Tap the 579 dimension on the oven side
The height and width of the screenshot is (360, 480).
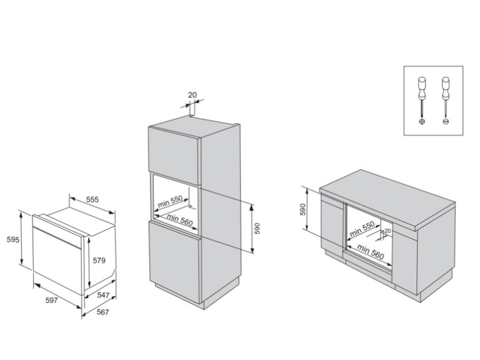(x=100, y=260)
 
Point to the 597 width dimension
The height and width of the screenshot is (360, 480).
(x=51, y=300)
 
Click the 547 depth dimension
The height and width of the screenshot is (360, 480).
(x=104, y=296)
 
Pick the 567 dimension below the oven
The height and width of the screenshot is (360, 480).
(x=104, y=313)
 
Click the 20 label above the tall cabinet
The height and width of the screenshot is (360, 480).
(x=192, y=95)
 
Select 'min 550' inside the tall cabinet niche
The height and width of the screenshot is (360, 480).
(x=170, y=202)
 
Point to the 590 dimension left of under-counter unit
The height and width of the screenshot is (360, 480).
(x=303, y=209)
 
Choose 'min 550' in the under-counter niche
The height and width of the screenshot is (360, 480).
(x=362, y=227)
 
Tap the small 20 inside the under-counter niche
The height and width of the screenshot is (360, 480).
(x=388, y=230)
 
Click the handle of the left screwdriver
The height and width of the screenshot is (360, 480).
(x=422, y=83)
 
